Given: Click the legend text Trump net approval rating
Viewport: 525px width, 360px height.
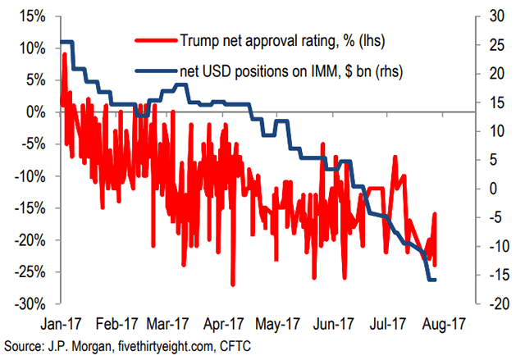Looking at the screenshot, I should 271,39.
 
